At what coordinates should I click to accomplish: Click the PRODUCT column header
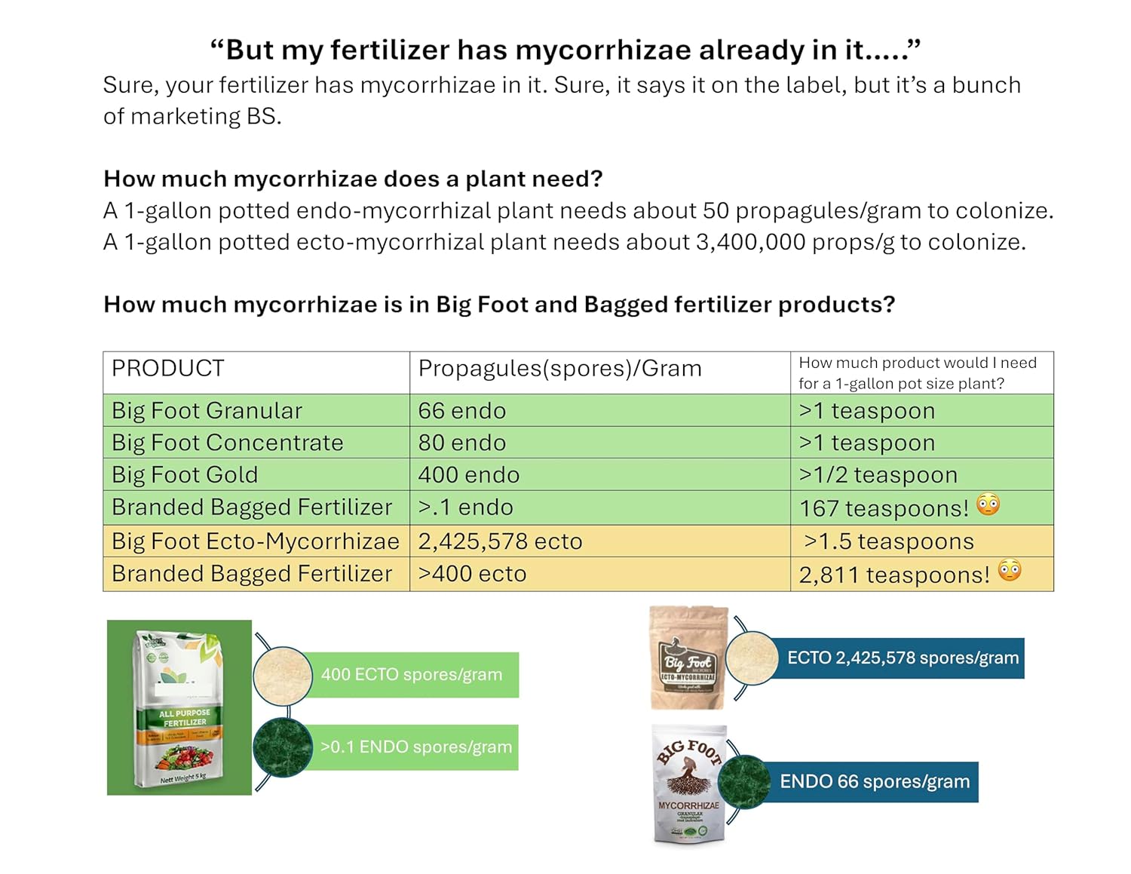(x=168, y=369)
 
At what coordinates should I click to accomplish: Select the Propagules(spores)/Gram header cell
(x=559, y=369)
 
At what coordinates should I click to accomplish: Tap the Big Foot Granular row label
(x=207, y=411)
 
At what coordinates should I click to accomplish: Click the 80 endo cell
(x=462, y=443)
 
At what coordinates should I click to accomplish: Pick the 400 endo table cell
(x=469, y=475)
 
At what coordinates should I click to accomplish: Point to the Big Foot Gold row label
(x=185, y=475)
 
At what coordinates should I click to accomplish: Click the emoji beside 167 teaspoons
(x=988, y=504)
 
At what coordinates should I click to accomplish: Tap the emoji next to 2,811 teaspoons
(x=1010, y=571)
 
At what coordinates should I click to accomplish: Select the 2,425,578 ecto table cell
(x=501, y=541)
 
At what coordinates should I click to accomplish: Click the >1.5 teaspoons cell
(x=888, y=541)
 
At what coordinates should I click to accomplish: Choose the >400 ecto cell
(x=472, y=574)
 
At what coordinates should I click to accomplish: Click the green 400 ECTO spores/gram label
(x=411, y=675)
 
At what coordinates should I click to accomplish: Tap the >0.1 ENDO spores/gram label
(x=415, y=747)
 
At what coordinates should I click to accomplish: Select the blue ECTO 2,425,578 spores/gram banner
(x=903, y=658)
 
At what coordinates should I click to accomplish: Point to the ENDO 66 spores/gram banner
(x=875, y=782)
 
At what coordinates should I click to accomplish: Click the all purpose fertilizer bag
(x=179, y=708)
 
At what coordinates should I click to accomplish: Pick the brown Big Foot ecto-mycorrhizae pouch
(x=688, y=658)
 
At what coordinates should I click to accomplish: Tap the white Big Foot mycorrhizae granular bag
(x=688, y=784)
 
